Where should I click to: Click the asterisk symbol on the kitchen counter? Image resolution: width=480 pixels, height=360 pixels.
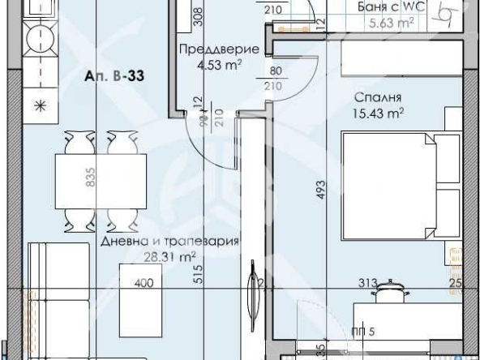click(x=37, y=105)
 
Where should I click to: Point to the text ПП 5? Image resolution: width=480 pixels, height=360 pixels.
click(x=362, y=331)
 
